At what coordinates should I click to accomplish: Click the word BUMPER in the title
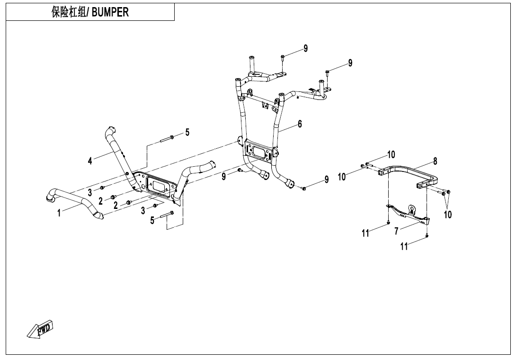point(110,13)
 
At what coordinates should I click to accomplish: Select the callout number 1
point(59,213)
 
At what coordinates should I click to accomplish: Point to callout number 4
point(90,161)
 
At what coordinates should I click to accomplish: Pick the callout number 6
point(300,124)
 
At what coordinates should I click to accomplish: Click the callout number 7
point(397,231)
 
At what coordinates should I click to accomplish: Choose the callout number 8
point(435,162)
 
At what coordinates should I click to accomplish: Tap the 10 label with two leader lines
point(447,215)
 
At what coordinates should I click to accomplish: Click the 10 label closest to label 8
point(391,155)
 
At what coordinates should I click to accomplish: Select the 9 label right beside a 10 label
point(326,180)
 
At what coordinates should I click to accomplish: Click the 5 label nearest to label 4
point(187,133)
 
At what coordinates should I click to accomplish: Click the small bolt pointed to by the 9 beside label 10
point(304,189)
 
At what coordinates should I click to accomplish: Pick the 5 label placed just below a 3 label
point(152,220)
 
